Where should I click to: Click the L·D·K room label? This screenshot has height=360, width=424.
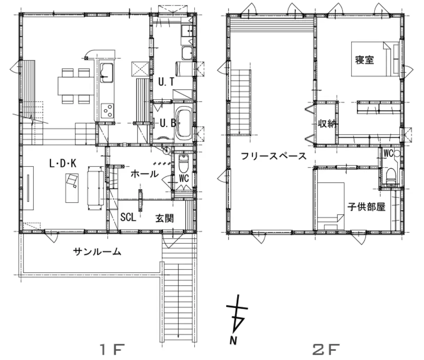tap(63, 163)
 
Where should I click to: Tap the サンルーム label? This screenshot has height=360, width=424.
tap(97, 252)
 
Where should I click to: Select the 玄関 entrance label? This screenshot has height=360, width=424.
tap(165, 219)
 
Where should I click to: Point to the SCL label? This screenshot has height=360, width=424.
tap(128, 217)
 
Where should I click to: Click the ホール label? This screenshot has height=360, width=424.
tap(145, 174)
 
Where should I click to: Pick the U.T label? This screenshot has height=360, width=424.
tap(166, 82)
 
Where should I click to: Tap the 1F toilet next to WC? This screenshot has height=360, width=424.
tap(183, 164)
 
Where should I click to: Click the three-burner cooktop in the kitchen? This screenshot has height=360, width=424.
tap(107, 111)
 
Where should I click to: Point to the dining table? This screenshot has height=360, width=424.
tap(76, 86)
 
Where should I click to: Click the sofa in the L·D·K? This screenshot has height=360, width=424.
tap(96, 188)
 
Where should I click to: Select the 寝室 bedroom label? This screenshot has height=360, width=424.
tap(364, 60)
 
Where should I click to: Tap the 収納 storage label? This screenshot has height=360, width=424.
tap(327, 124)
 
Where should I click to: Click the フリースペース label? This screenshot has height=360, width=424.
tap(274, 156)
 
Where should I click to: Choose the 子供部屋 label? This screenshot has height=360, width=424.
tap(366, 207)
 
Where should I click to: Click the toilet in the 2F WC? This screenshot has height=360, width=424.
tap(391, 176)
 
